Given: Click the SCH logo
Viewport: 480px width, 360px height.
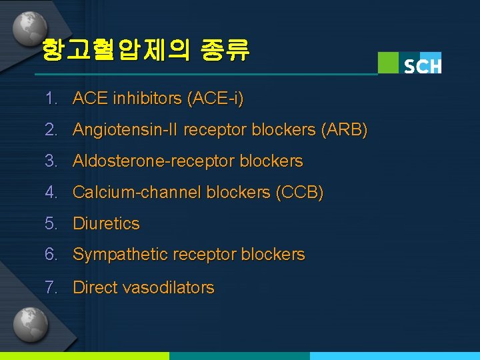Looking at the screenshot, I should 409,63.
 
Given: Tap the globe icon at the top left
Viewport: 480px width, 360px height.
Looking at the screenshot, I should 28,27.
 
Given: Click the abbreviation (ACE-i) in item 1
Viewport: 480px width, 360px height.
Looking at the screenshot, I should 215,99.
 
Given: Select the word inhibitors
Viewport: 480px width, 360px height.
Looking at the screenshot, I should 151,99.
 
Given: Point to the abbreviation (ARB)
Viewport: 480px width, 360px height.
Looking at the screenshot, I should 343,129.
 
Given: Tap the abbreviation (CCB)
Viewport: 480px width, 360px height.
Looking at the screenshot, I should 299,193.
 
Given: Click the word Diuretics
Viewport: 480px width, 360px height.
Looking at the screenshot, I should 106,223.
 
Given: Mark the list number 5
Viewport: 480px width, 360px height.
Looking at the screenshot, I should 51,223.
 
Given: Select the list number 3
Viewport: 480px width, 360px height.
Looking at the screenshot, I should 51,161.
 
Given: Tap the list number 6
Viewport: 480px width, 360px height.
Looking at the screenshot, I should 51,254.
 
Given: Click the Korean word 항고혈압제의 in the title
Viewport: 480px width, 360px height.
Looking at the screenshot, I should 115,49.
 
